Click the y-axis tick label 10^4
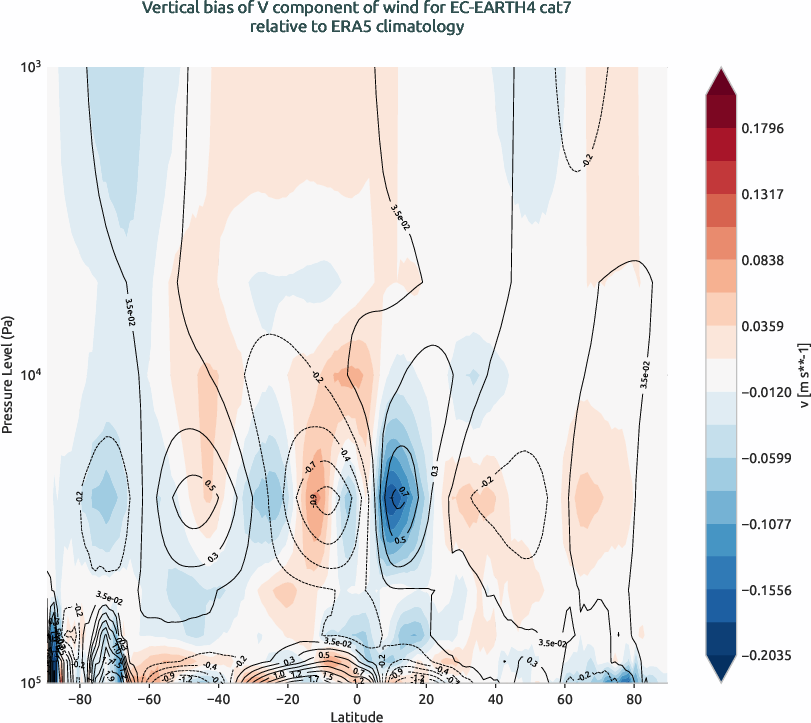pos(29,375)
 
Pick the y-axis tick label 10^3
pos(29,67)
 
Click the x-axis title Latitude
pos(358,716)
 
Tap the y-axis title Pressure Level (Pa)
pos(9,375)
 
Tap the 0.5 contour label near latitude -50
pos(209,486)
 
